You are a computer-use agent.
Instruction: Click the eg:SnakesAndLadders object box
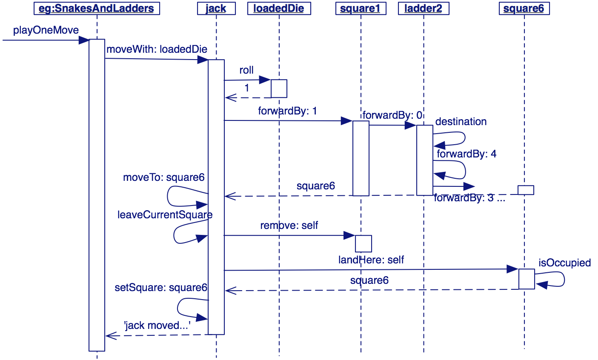coord(97,9)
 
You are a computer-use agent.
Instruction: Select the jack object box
coord(216,9)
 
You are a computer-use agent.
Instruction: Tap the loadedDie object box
coord(279,9)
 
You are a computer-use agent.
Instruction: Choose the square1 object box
coord(360,9)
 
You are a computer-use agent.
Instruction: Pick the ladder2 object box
coord(423,9)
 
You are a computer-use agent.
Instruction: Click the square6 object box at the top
coord(524,9)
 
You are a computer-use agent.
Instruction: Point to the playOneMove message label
coord(46,30)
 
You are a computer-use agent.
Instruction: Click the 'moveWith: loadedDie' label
coord(157,49)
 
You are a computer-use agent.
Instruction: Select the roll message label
coord(246,70)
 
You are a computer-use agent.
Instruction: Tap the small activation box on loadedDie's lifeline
coord(279,89)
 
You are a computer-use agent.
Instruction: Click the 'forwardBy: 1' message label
coord(287,111)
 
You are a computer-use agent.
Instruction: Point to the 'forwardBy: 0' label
coord(392,115)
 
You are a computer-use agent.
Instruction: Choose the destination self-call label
coord(461,122)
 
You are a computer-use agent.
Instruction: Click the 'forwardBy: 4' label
coord(466,154)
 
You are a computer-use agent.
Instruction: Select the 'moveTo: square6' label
coord(164,177)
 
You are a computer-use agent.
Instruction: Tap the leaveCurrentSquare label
coord(165,215)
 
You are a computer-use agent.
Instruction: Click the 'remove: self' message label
coord(289,226)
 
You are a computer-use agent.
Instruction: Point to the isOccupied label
coord(564,263)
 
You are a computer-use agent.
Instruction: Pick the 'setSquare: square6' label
coord(161,288)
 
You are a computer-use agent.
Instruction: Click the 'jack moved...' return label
coord(157,326)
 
